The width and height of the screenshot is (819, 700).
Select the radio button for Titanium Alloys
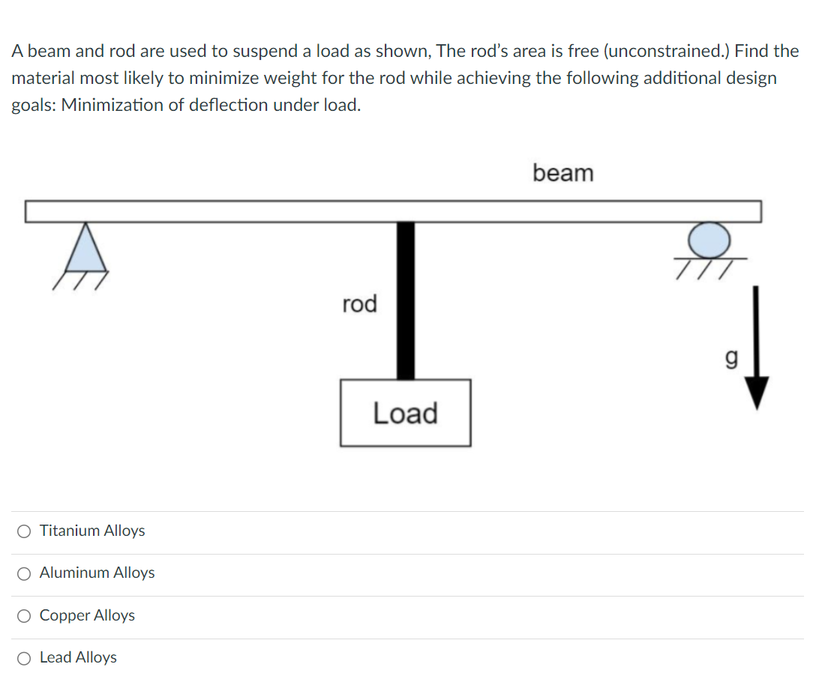(x=24, y=531)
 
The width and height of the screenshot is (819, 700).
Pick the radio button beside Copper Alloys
(x=24, y=616)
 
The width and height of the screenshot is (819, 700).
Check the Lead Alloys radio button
(x=24, y=658)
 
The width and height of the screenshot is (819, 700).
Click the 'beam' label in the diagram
(x=562, y=173)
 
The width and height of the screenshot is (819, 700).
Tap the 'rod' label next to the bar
(x=359, y=304)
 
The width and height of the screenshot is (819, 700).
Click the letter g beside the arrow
(x=731, y=360)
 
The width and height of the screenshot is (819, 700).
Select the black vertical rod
(x=406, y=300)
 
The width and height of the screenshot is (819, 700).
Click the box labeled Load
(x=405, y=413)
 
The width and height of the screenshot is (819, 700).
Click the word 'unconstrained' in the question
(x=661, y=51)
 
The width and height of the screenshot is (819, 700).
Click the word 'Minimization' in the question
(x=112, y=105)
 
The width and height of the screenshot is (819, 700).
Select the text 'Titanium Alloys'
(x=92, y=531)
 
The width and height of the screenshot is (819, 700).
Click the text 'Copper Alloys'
(x=87, y=615)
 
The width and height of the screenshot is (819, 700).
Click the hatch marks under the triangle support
(x=80, y=280)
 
